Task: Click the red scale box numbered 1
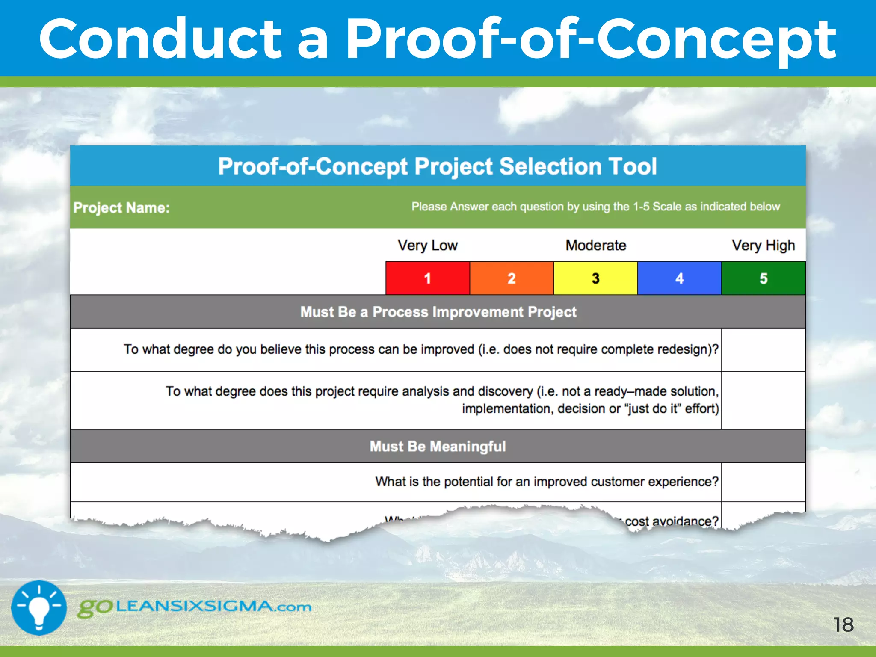tap(427, 278)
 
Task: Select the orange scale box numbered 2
tap(512, 278)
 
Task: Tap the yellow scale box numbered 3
tap(595, 278)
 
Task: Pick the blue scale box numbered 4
tap(679, 278)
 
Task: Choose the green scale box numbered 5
tap(763, 278)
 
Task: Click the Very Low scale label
tap(427, 246)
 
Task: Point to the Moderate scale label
tap(595, 246)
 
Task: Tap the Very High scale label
tap(763, 246)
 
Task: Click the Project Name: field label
tap(121, 208)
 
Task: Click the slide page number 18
tap(843, 625)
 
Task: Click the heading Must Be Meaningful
tap(438, 446)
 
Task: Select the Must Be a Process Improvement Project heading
tap(438, 312)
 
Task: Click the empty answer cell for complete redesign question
tap(763, 350)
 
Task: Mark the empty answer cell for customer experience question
tap(763, 482)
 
